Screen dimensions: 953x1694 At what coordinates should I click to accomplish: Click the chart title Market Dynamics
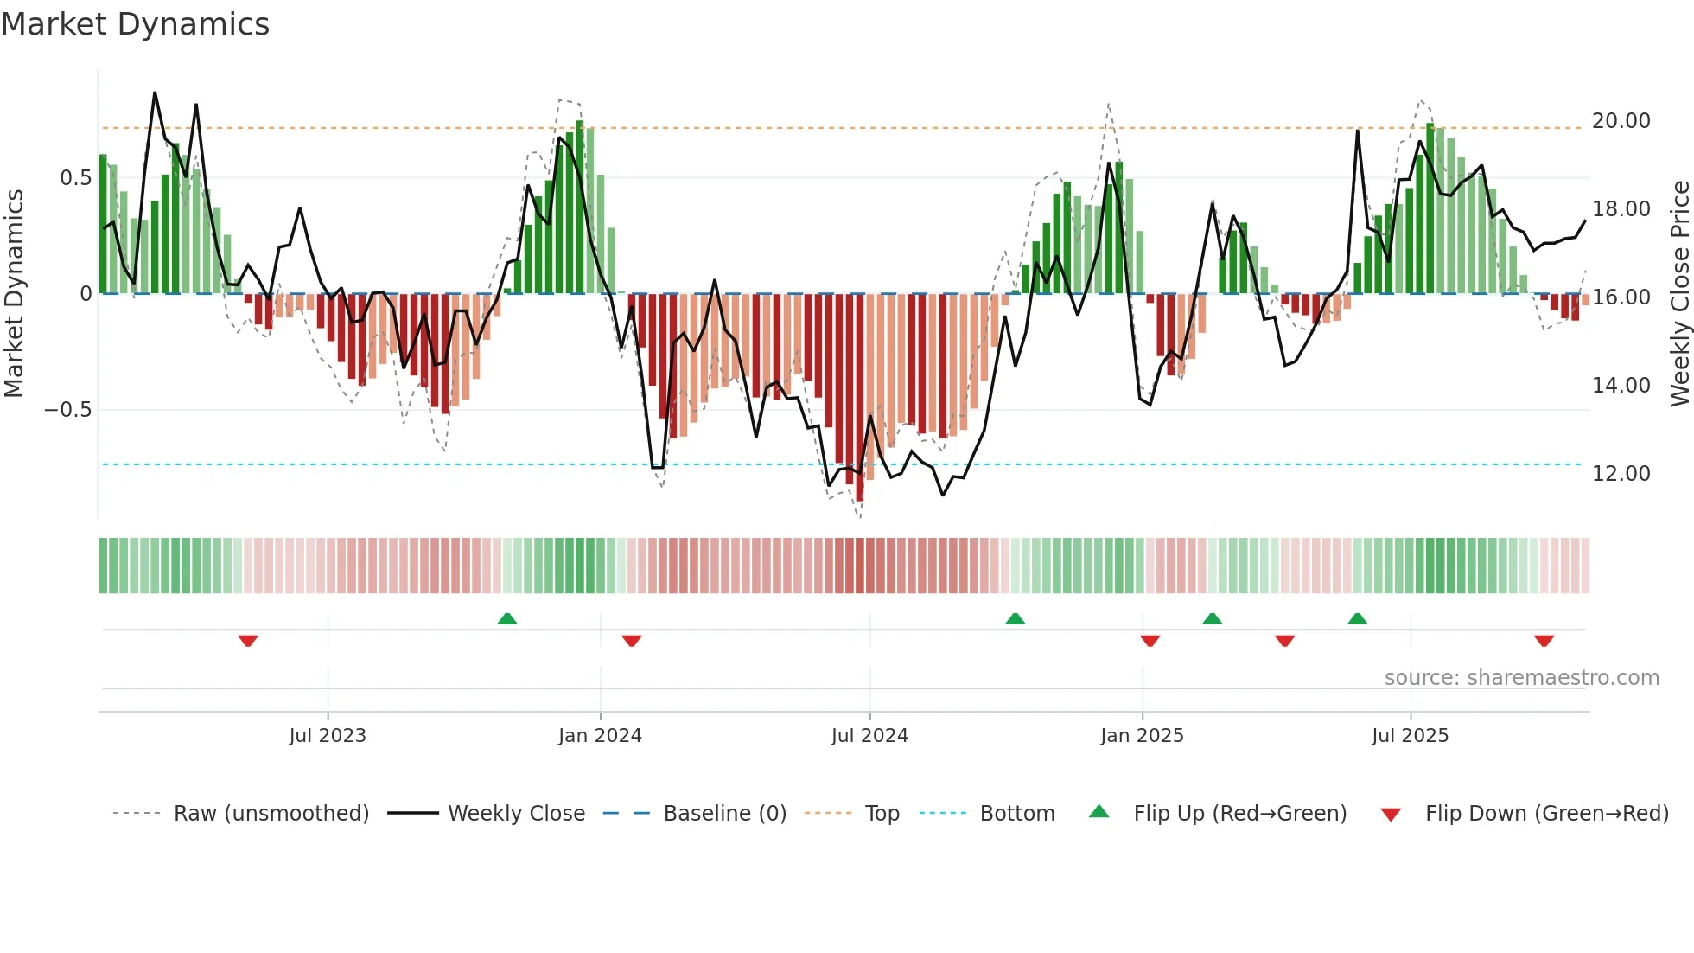tap(135, 24)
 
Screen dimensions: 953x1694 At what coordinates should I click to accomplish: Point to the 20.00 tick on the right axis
tap(1621, 121)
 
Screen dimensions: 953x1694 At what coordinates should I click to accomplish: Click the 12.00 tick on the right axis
tap(1621, 474)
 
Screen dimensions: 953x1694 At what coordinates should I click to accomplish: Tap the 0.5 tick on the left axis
tap(75, 178)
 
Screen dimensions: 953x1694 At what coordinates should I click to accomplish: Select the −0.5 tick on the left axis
tap(67, 410)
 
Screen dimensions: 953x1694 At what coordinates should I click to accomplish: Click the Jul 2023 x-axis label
tap(328, 736)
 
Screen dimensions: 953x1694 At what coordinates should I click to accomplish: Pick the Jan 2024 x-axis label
tap(600, 736)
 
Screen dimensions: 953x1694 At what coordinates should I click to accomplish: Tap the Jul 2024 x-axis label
tap(869, 736)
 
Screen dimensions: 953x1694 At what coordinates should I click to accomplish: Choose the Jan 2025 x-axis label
tap(1142, 736)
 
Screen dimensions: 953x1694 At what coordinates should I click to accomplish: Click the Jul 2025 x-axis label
tap(1410, 736)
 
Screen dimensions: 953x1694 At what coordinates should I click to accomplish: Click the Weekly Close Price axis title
tap(1679, 294)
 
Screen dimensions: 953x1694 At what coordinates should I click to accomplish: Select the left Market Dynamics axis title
tap(14, 294)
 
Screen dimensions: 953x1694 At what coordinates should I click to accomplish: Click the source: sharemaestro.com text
tap(1521, 678)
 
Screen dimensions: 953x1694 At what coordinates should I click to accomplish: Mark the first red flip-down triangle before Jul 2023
tap(248, 641)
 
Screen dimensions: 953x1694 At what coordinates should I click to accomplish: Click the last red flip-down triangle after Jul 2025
tap(1544, 641)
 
